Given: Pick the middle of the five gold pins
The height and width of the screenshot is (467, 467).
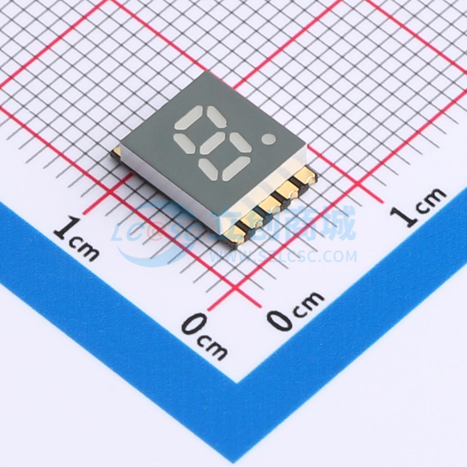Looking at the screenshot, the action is pyautogui.click(x=271, y=205).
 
